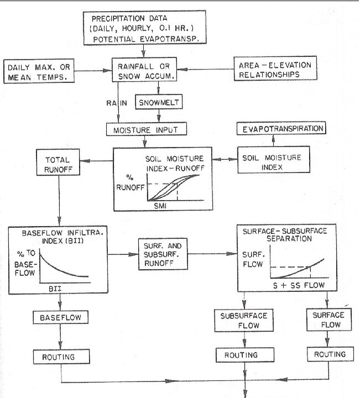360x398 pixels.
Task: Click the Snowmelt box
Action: (159, 102)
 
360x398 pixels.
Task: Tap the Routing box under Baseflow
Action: (58, 357)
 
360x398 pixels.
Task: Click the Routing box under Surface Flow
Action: (329, 354)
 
